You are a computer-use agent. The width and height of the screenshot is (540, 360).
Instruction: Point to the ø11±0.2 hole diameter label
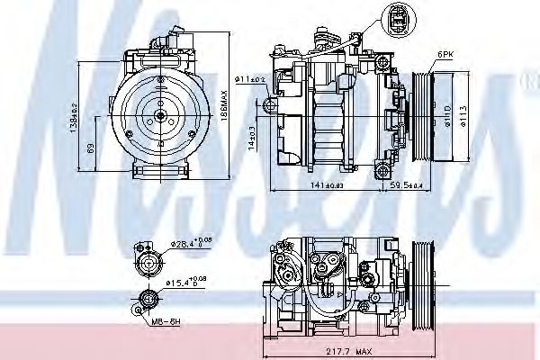[x=251, y=80]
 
